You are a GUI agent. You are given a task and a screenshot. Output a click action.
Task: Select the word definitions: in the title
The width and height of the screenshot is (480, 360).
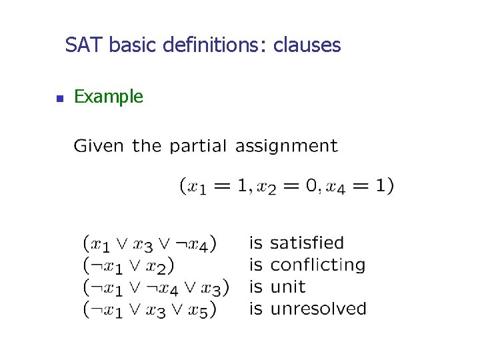click(215, 45)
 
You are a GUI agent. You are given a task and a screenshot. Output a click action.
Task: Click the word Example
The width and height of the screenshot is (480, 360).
click(108, 97)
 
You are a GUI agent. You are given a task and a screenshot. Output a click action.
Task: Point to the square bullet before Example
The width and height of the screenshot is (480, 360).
click(59, 99)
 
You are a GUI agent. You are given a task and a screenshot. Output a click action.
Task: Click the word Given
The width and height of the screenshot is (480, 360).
click(99, 146)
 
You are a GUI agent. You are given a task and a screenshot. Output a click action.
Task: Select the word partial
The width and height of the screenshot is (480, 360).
click(199, 146)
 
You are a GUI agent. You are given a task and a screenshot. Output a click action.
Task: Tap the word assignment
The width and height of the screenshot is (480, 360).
click(287, 146)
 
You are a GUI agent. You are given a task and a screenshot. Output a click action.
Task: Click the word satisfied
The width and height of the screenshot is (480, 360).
click(307, 243)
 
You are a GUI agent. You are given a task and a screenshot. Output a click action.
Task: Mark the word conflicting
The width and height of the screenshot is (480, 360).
click(318, 265)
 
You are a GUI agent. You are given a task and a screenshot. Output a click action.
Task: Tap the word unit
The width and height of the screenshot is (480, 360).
click(287, 287)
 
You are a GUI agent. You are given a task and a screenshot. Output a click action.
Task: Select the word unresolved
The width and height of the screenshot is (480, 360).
click(318, 309)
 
